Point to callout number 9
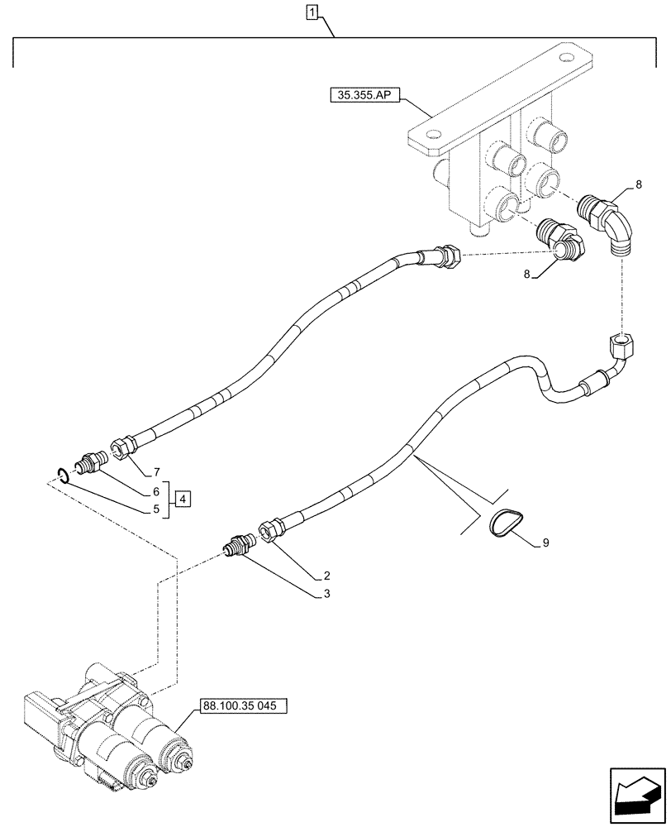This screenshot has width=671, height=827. pyautogui.click(x=545, y=543)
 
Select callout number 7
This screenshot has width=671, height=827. pyautogui.click(x=155, y=472)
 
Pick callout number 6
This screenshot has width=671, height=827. pyautogui.click(x=155, y=491)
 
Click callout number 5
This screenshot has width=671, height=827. pyautogui.click(x=155, y=509)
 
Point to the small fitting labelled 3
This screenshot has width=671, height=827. pyautogui.click(x=239, y=546)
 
